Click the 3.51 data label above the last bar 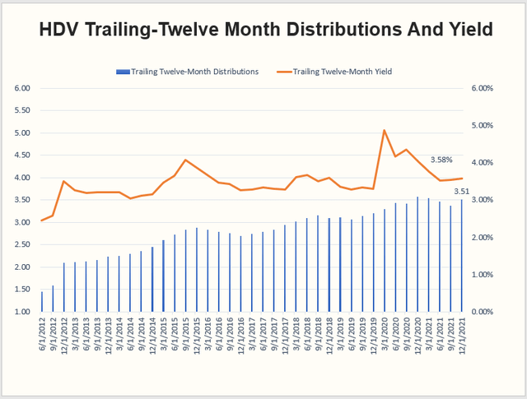tap(463, 191)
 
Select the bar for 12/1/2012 tap(64, 288)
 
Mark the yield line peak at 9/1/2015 tap(185, 160)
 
